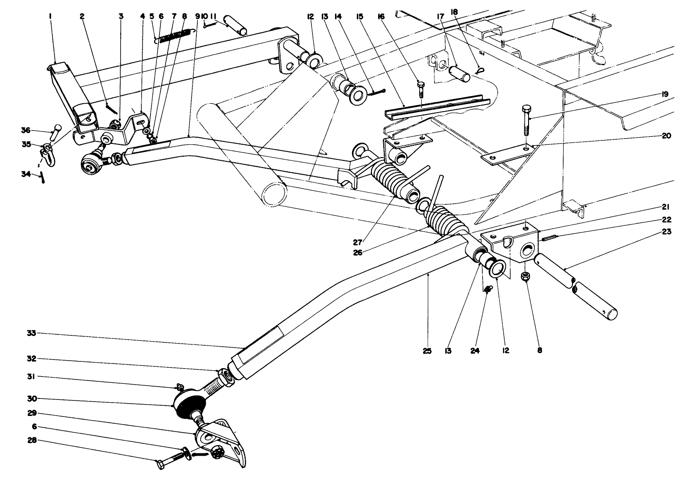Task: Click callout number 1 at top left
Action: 50,16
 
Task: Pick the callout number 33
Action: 31,334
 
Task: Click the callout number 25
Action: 427,351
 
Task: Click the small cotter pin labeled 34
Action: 43,177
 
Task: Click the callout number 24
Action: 475,351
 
